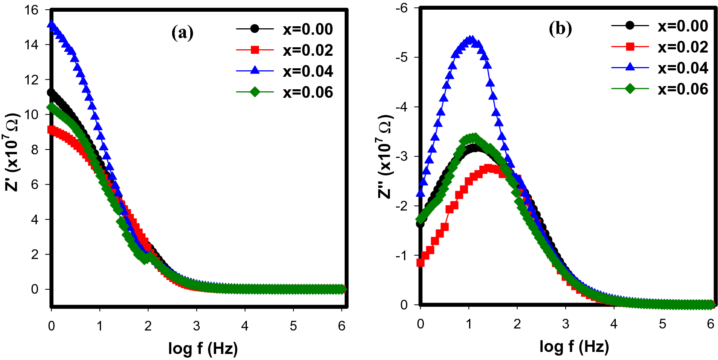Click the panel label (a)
click(x=182, y=33)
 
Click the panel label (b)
click(x=560, y=29)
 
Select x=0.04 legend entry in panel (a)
click(x=307, y=71)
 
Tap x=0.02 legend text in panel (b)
click(x=683, y=47)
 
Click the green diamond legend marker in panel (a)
click(x=255, y=92)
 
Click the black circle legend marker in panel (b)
click(x=630, y=25)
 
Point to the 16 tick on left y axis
click(x=31, y=10)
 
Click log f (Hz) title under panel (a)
click(x=203, y=348)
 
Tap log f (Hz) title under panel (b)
click(x=574, y=346)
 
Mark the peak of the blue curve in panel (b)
click(x=470, y=40)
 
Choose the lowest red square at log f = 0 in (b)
click(x=421, y=263)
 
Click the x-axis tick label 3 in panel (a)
click(x=196, y=326)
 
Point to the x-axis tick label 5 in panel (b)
click(x=662, y=324)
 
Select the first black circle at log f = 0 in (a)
click(x=51, y=93)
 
